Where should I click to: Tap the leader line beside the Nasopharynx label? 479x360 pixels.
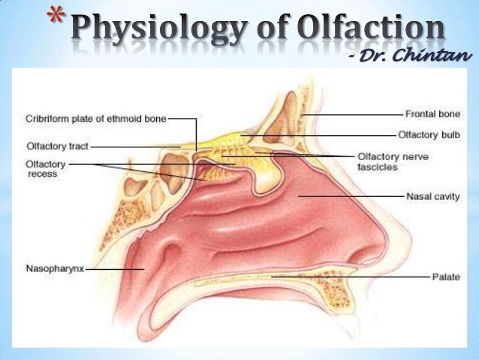pyautogui.click(x=113, y=268)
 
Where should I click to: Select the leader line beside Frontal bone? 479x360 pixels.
pyautogui.click(x=353, y=114)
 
